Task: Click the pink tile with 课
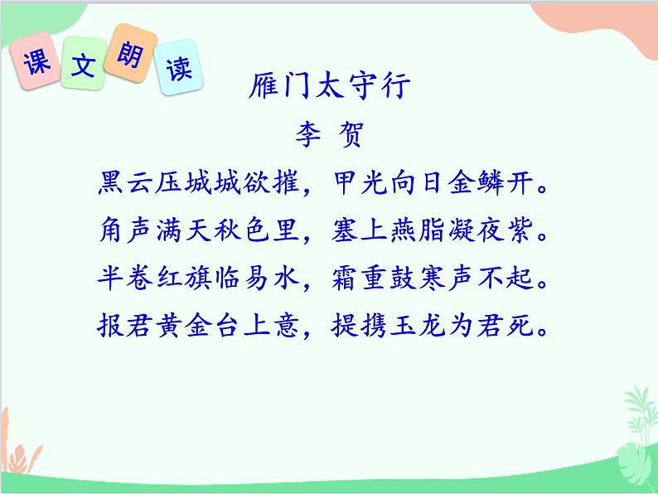pos(37,63)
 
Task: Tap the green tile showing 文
pos(84,65)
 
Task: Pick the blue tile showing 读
pos(177,67)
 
